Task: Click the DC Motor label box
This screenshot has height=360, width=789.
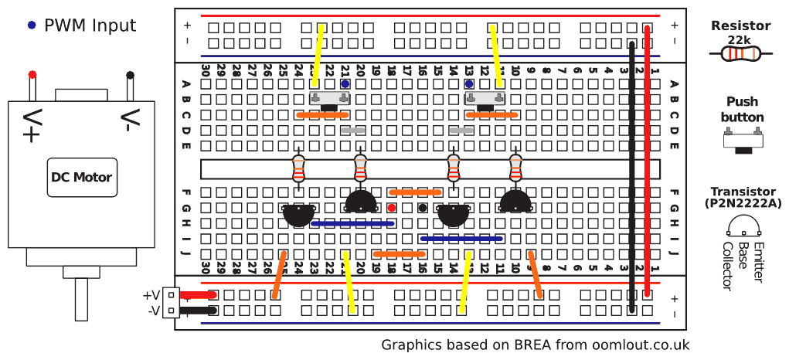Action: [x=81, y=177]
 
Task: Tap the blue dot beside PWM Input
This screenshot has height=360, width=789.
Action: [x=31, y=25]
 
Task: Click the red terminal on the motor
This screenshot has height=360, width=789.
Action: [x=32, y=75]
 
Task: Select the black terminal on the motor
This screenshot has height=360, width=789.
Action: [x=131, y=75]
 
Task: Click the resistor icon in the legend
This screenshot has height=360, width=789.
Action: [x=740, y=54]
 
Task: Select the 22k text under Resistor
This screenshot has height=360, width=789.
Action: [x=740, y=39]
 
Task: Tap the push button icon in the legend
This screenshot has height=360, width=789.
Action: [x=742, y=141]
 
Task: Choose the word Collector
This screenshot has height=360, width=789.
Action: [x=726, y=266]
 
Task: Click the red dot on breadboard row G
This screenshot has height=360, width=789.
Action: [x=392, y=208]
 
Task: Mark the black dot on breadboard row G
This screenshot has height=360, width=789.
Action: [x=423, y=208]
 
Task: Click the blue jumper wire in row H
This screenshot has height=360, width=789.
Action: [x=352, y=223]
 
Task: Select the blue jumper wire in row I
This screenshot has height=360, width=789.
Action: [x=461, y=239]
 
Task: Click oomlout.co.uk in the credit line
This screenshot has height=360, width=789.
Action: [x=641, y=345]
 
